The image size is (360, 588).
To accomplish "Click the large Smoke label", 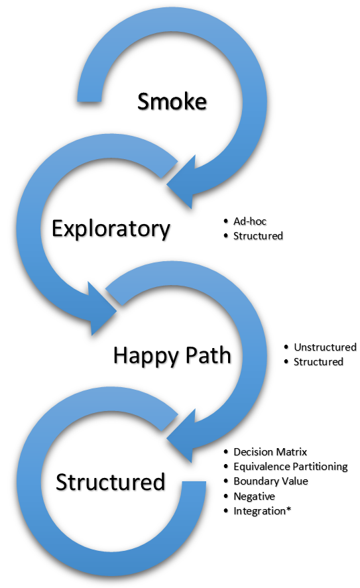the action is pos(172,101).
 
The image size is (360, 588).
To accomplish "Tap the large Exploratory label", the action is pos(111,229).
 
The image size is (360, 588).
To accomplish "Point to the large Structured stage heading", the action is pos(110,482).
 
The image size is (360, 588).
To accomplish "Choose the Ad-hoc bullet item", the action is pos(250,221).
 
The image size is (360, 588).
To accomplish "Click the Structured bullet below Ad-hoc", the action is pos(258,236).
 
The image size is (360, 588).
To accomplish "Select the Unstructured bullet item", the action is pos(325,347).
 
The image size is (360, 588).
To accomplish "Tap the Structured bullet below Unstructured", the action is pos(318,361).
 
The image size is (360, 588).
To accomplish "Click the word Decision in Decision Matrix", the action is pos(253,451).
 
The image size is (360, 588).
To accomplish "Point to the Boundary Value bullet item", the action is pos(270,481).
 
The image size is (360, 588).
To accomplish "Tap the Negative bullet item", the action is pos(254,496).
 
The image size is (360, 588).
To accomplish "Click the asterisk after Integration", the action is pos(288,509).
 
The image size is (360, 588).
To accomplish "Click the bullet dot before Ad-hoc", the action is pos(226,221).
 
